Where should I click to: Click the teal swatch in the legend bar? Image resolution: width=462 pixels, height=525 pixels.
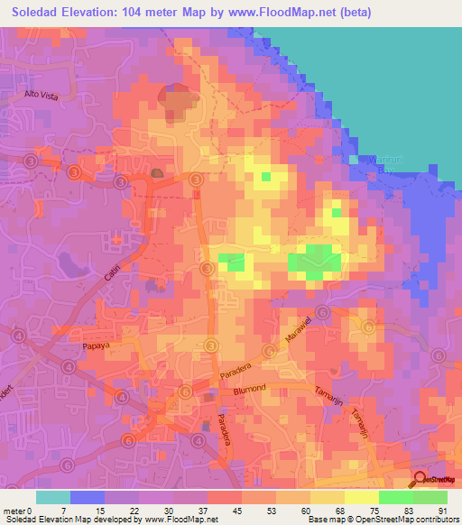[x=53, y=497]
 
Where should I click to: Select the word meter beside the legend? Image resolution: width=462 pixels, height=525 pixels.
[x=16, y=511]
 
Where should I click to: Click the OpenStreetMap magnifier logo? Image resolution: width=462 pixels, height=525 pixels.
[x=420, y=481]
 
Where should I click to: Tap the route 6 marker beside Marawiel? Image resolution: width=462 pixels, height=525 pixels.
[x=269, y=350]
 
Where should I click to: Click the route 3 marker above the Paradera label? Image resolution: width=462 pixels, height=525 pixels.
[x=210, y=345]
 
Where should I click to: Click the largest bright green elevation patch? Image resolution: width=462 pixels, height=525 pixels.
[x=314, y=262]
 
